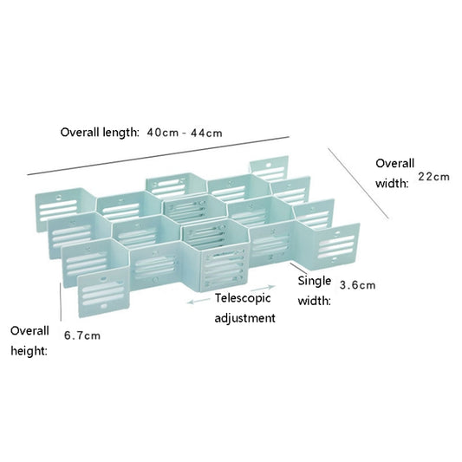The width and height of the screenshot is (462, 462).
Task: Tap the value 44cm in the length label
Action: pos(206,133)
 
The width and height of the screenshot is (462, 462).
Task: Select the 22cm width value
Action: pos(433,177)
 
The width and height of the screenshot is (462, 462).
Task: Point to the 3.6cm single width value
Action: pos(357,285)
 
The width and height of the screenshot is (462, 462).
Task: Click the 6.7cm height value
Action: pos(82,335)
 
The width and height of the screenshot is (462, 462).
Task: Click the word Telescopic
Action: pos(243,298)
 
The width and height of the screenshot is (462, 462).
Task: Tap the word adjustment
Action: pos(244,318)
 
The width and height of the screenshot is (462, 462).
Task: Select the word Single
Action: pos(315,282)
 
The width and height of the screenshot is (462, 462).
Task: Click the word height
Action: pos(29,351)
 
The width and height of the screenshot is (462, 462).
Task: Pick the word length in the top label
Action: pos(120,133)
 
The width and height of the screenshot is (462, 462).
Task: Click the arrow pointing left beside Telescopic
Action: pos(199,301)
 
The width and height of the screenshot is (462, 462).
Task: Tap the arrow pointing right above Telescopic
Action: pos(264,288)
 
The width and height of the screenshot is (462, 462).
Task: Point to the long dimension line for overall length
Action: pos(159,156)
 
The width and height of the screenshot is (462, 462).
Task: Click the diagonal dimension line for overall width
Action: pos(358,183)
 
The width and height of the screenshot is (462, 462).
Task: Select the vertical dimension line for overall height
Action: pos(61,302)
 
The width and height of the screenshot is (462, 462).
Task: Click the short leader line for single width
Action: pos(299,268)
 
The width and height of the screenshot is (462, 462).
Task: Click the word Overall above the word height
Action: pos(29,331)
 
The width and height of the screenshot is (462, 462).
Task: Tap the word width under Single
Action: pos(314,301)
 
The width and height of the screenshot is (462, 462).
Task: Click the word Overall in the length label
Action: pos(80,132)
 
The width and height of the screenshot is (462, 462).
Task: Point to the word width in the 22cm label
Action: pos(392,184)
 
